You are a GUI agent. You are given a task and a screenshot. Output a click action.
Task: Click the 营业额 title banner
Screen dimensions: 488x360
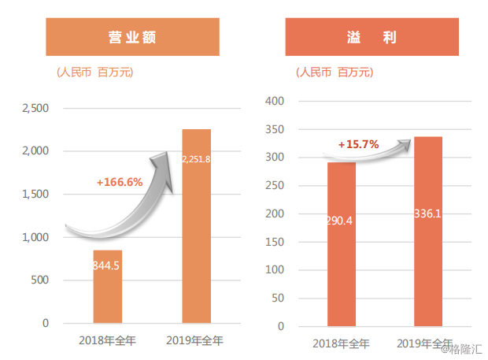click(x=132, y=37)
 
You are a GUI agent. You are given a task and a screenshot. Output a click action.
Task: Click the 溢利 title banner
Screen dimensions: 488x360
click(x=372, y=37)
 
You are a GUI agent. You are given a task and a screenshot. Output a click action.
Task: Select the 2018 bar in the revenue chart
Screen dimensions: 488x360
click(x=108, y=287)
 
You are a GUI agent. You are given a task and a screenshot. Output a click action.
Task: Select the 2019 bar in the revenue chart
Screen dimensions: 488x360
click(x=197, y=226)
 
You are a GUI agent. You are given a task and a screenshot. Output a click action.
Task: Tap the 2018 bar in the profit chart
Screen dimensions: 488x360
click(x=342, y=244)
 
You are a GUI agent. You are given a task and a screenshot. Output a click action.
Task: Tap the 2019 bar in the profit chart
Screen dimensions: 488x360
click(x=428, y=232)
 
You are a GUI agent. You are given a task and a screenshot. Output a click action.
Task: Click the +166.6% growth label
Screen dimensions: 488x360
click(x=120, y=182)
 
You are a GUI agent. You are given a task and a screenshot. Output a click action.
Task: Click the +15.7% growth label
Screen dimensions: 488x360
click(x=359, y=144)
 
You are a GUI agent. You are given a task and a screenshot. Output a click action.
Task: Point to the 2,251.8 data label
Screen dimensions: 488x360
click(x=197, y=159)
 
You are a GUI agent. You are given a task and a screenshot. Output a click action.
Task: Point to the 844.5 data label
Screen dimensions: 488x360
click(x=106, y=265)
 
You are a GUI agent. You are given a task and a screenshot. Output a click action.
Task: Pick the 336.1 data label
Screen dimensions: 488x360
click(x=427, y=213)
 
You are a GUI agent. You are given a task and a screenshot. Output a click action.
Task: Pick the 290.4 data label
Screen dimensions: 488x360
click(x=340, y=221)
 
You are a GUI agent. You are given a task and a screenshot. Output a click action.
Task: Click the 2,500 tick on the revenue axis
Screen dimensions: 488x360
click(x=35, y=109)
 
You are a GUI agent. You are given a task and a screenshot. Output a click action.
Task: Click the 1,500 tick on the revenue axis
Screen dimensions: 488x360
click(x=35, y=194)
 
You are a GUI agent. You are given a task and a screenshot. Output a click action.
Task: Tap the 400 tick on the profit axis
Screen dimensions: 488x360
click(x=275, y=101)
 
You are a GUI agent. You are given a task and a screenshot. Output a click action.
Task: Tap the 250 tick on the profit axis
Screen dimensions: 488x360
click(x=275, y=185)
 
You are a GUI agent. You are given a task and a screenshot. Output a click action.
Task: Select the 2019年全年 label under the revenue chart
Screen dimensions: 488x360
click(x=194, y=340)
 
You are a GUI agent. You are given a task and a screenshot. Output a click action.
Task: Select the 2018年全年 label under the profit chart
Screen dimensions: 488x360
click(x=341, y=343)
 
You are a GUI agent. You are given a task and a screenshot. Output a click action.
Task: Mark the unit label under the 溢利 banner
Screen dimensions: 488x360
click(x=335, y=72)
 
